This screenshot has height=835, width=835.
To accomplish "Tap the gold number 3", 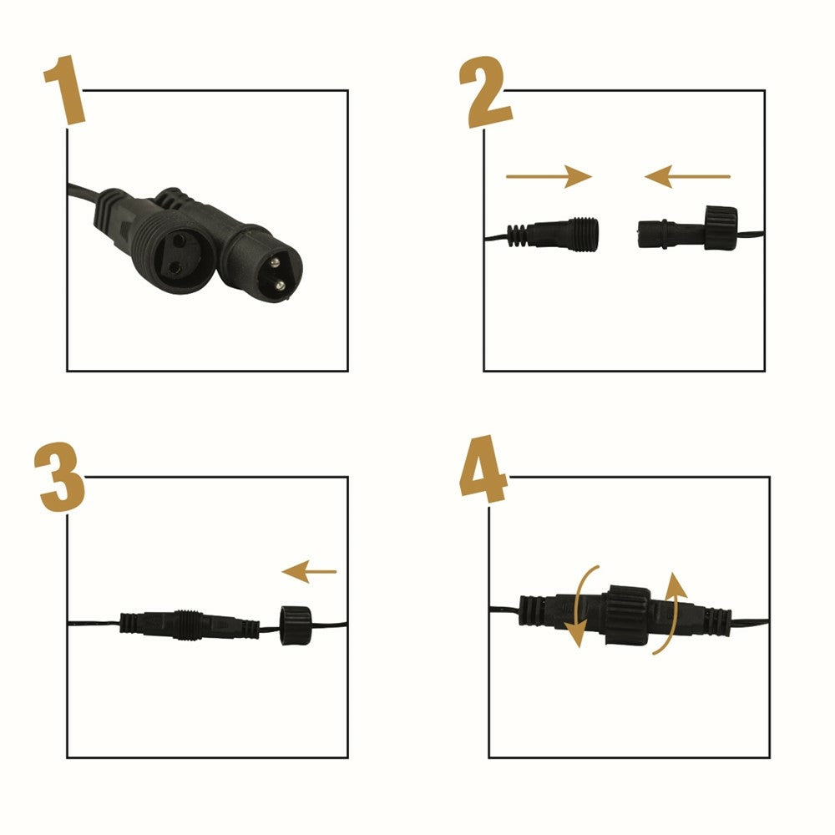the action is point(59,477).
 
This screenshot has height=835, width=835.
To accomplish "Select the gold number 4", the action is point(483,469).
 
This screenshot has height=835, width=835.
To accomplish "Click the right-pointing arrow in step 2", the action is point(549,176).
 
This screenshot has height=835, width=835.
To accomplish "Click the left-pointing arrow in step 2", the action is point(687,176).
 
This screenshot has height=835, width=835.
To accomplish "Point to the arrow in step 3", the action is point(309,571).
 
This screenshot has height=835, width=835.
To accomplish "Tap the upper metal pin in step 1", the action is point(275,262).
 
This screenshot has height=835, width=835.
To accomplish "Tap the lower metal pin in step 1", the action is point(279,286).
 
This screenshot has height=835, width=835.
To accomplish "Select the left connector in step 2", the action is point(553,233).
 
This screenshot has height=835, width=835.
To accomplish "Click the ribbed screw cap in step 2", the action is point(721,228).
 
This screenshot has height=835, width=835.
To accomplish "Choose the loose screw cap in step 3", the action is point(295,625).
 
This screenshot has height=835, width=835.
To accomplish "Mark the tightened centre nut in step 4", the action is point(627,615).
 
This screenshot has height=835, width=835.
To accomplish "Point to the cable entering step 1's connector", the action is point(83,192).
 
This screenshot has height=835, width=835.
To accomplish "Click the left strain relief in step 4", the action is point(533,610).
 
